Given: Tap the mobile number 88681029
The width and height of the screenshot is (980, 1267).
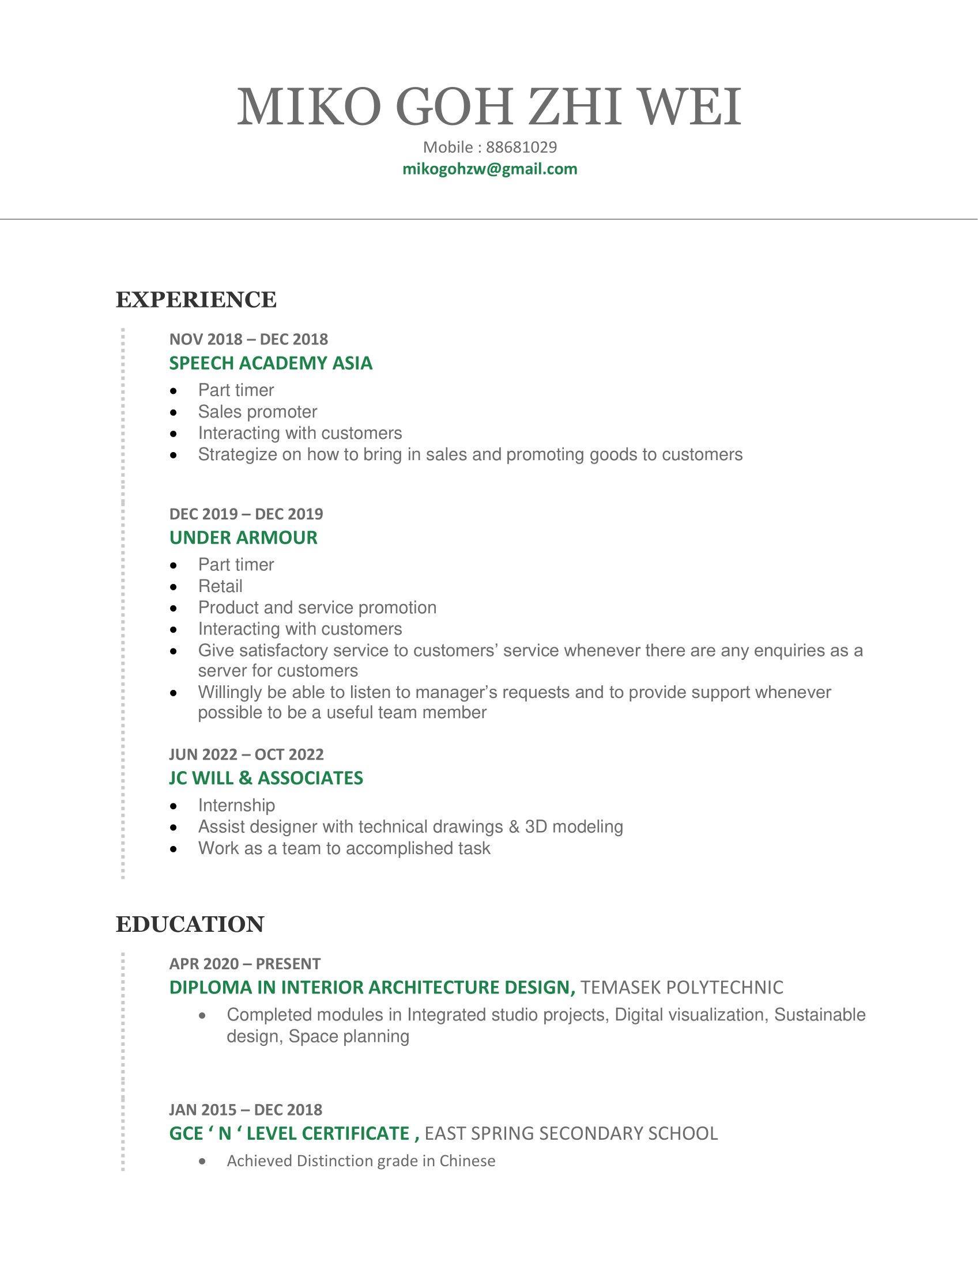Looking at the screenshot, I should point(521,147).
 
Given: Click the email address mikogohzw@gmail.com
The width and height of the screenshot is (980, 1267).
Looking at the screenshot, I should point(489,169).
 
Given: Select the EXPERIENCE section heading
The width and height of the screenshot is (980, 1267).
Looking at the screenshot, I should point(196,300).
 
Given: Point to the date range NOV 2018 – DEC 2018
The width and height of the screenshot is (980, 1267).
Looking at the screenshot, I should point(248,339).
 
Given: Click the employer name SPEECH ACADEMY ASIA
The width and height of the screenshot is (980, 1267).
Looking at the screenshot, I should point(270,363).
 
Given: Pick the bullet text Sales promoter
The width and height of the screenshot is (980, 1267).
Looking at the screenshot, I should point(257,412).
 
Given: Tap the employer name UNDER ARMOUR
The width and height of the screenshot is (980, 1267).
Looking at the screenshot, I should point(243,538).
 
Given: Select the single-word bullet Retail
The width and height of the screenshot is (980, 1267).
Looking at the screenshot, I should point(220,586).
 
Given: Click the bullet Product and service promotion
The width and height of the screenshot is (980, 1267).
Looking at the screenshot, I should point(317,608).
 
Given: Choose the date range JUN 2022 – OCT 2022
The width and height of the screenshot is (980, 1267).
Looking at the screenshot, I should point(246,754).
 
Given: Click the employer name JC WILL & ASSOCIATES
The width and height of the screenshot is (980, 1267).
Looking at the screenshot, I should point(266,778).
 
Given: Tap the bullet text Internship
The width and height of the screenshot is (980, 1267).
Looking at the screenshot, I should point(236,805).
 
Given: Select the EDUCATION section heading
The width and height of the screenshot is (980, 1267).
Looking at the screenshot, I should point(190,924).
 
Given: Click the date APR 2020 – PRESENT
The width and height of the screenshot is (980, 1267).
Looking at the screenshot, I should point(244,963).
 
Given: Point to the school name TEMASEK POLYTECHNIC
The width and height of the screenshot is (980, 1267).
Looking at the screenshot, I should point(681,987).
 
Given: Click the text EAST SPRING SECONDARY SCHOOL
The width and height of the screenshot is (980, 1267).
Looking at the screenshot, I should point(571,1133).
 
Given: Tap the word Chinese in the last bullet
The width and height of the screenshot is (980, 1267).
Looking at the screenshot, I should point(467,1161).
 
